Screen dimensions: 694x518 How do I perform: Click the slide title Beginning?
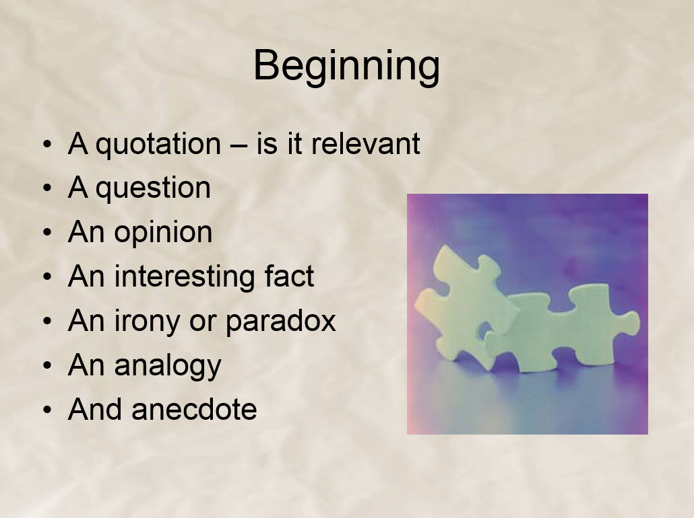pos(346,67)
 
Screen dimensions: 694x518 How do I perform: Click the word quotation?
pos(158,145)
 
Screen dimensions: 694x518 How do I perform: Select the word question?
pos(153,189)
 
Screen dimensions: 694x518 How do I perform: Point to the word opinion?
pos(163,233)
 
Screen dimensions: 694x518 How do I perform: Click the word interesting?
pos(184,277)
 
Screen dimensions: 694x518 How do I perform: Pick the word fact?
pos(289,276)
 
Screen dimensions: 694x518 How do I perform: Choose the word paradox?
pos(280,322)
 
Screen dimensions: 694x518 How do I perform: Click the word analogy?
pos(168,366)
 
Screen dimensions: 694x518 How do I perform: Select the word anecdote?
pos(194,409)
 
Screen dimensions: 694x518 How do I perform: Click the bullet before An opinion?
pos(47,233)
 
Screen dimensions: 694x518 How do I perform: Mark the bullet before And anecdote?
pos(47,410)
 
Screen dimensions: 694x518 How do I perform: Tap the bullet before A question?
pos(47,188)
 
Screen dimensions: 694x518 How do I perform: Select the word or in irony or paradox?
pos(202,324)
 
